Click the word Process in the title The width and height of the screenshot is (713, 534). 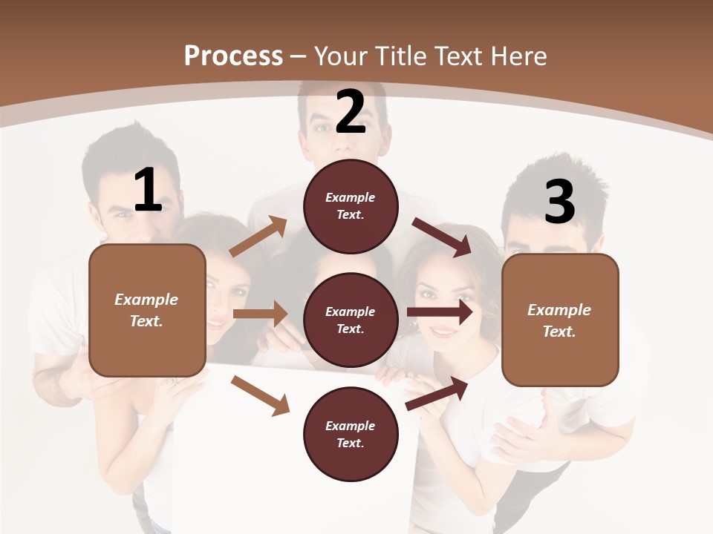coord(233,56)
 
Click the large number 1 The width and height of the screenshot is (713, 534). coord(148,191)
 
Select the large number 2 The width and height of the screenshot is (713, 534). coord(351,112)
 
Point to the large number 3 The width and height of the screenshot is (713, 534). coord(559,202)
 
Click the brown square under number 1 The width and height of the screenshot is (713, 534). coord(147,310)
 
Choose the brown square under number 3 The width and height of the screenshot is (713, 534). coord(560,320)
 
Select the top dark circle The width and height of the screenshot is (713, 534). coord(351,206)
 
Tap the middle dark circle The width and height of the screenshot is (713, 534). coord(351,320)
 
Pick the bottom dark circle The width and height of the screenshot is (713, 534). coord(351,434)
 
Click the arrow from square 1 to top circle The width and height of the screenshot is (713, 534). coord(258,237)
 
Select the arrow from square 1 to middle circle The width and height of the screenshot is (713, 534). coord(260,314)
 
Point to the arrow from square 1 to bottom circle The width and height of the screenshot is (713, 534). coord(260,395)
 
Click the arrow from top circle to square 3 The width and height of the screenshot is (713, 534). coord(442,237)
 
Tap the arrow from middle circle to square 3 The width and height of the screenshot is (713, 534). coord(440,312)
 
